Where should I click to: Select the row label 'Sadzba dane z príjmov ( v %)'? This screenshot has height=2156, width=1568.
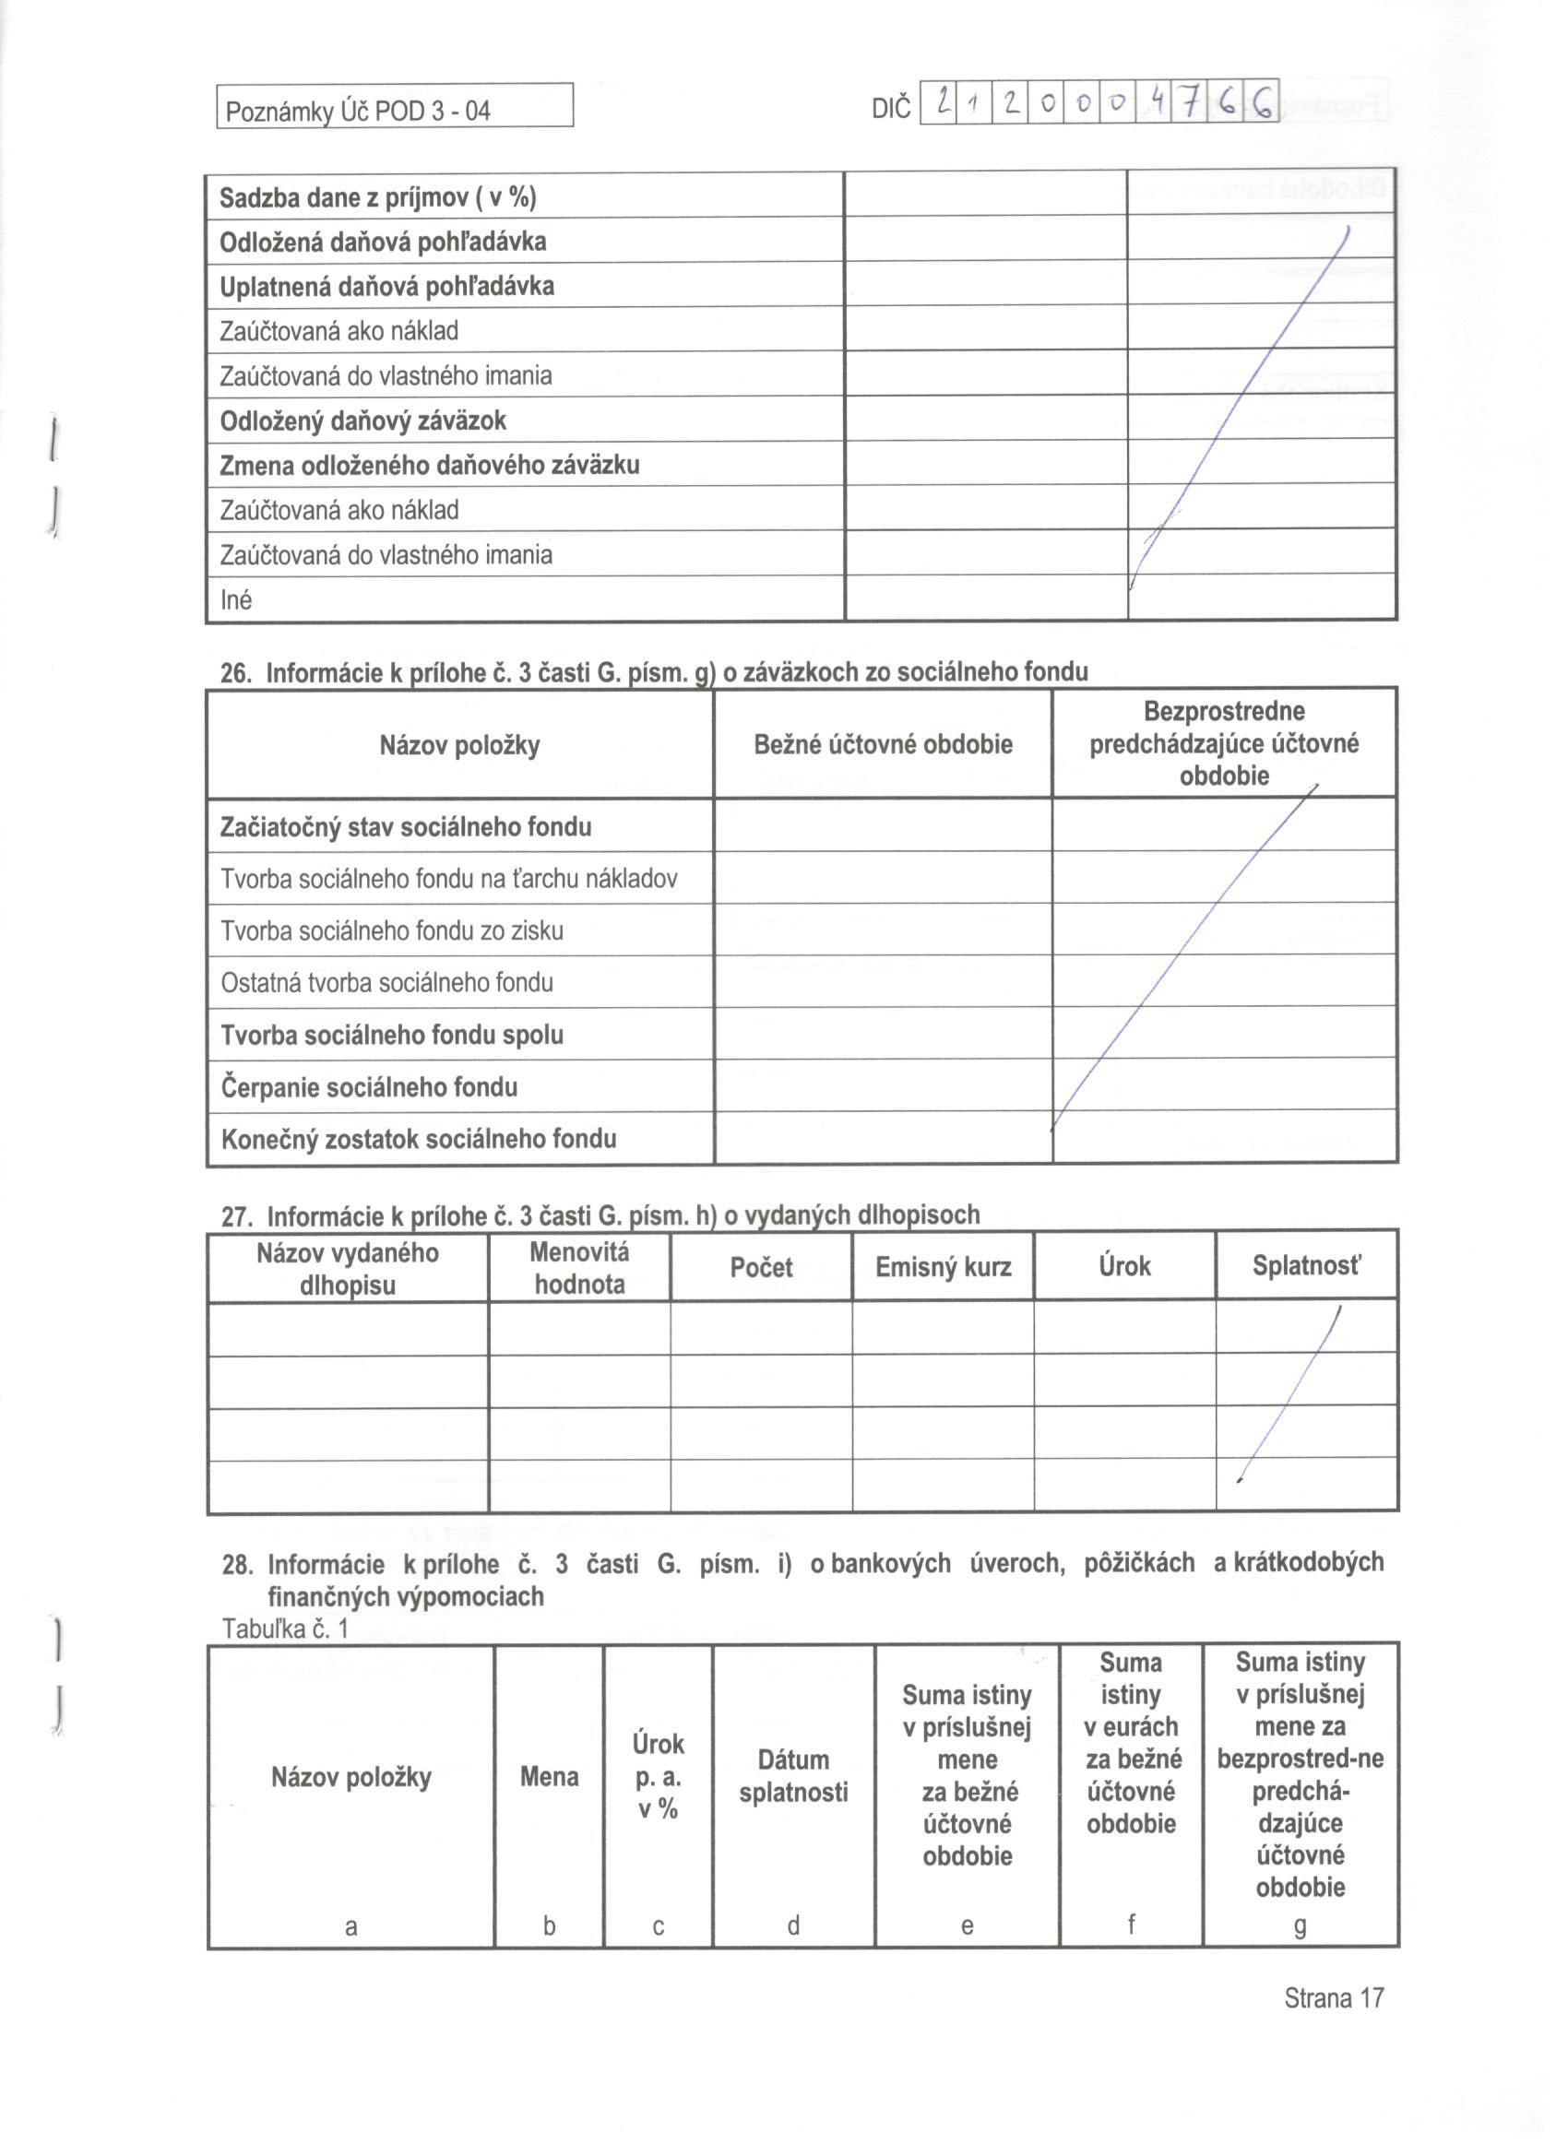(x=377, y=197)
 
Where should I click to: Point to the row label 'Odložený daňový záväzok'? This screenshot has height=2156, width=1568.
(x=362, y=421)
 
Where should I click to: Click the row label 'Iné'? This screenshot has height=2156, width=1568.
(x=236, y=599)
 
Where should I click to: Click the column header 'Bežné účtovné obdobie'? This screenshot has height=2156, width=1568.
(x=883, y=744)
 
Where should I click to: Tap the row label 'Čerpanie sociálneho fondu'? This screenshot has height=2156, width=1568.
(x=369, y=1086)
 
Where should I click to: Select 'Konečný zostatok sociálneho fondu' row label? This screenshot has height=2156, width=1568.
(x=419, y=1138)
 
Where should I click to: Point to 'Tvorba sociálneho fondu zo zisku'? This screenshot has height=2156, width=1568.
(x=392, y=930)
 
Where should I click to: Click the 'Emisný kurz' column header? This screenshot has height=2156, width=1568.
(x=943, y=1267)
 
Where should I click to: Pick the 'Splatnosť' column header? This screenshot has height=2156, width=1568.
(x=1305, y=1266)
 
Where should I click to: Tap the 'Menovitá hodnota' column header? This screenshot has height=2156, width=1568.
(x=579, y=1268)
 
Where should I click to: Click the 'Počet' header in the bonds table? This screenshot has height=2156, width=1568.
(x=761, y=1267)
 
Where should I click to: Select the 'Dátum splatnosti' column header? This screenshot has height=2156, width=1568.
(x=793, y=1776)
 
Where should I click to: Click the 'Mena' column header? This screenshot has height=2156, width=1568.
(x=549, y=1776)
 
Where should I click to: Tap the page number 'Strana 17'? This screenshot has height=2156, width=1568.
(x=1333, y=1997)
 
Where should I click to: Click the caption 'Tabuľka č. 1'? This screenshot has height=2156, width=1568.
(x=284, y=1629)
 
